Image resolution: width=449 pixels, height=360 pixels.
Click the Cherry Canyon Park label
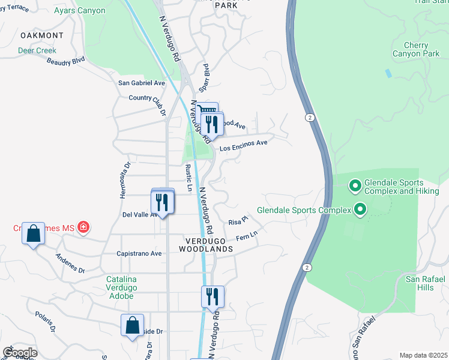416,49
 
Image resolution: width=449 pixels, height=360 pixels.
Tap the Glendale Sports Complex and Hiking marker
354,187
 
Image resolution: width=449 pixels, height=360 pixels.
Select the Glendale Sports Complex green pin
360,210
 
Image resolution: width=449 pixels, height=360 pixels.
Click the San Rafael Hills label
424,283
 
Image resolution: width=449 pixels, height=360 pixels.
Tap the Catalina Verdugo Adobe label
130,283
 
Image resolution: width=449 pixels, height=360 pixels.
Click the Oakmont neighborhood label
41,35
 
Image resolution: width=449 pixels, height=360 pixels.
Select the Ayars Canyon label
79,11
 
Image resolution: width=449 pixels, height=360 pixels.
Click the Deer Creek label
37,50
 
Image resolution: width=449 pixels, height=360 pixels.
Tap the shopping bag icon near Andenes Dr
34,233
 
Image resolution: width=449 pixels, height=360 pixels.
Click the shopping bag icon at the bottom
133,326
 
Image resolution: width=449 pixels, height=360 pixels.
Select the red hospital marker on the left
84,227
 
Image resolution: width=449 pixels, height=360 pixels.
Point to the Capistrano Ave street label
139,254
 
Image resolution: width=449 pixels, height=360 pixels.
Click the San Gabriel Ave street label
141,83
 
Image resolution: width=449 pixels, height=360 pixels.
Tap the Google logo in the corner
20,352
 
